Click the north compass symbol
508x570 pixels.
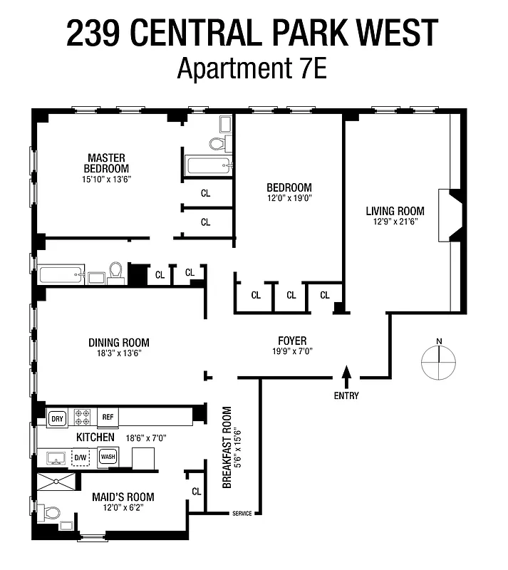pyautogui.click(x=440, y=362)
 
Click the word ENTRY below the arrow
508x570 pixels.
pyautogui.click(x=346, y=395)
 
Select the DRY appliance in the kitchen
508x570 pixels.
pyautogui.click(x=57, y=418)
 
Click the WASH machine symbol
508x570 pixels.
pyautogui.click(x=108, y=457)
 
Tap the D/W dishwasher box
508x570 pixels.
pyautogui.click(x=81, y=457)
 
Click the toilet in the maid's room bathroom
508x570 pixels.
pyautogui.click(x=51, y=512)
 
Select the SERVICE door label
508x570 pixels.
pyautogui.click(x=242, y=513)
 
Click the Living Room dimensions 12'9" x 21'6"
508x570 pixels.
pyautogui.click(x=395, y=222)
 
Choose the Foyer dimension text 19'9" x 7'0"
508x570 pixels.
pyautogui.click(x=292, y=351)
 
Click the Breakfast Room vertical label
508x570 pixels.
pyautogui.click(x=228, y=447)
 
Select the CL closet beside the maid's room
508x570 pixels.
pyautogui.click(x=196, y=491)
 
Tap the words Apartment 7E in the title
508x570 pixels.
pyautogui.click(x=252, y=69)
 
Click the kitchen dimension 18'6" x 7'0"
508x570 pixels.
pyautogui.click(x=147, y=437)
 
